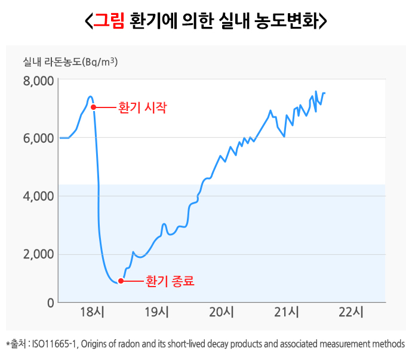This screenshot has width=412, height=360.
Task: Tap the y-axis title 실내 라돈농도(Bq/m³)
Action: point(75,61)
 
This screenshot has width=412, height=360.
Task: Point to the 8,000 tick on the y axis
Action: point(38,81)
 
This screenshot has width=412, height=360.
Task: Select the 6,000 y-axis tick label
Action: point(38,138)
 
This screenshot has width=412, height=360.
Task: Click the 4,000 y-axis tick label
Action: point(38,196)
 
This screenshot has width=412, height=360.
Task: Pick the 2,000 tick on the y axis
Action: point(38,254)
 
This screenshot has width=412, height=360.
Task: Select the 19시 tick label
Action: point(157,312)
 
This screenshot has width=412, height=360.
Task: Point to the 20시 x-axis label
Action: point(222,312)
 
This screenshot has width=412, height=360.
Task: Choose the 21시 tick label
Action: point(286,312)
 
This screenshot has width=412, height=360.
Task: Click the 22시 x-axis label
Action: point(350,312)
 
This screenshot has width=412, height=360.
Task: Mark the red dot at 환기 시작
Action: point(93,107)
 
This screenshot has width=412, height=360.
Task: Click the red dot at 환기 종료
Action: point(121,281)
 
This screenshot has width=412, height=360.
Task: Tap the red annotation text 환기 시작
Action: point(143,108)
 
